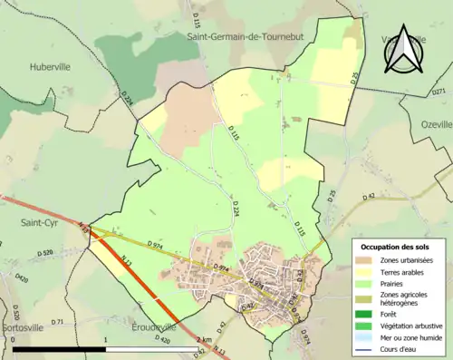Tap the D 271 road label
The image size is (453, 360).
pyautogui.click(x=439, y=92)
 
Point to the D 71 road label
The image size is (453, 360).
pyautogui.click(x=56, y=322)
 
